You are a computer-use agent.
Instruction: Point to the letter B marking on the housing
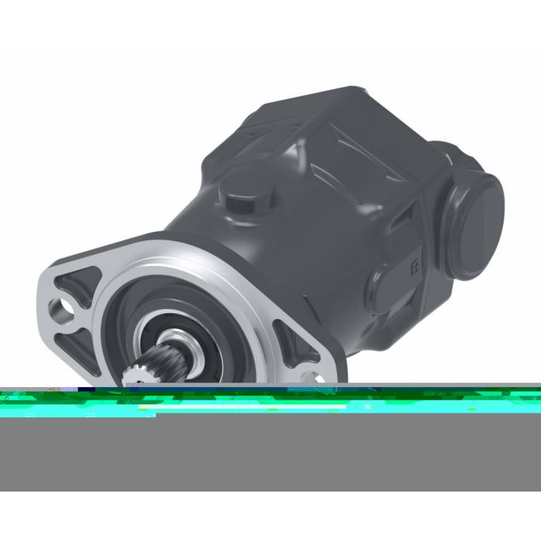point(415,267)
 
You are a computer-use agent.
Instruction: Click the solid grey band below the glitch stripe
point(270,456)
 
